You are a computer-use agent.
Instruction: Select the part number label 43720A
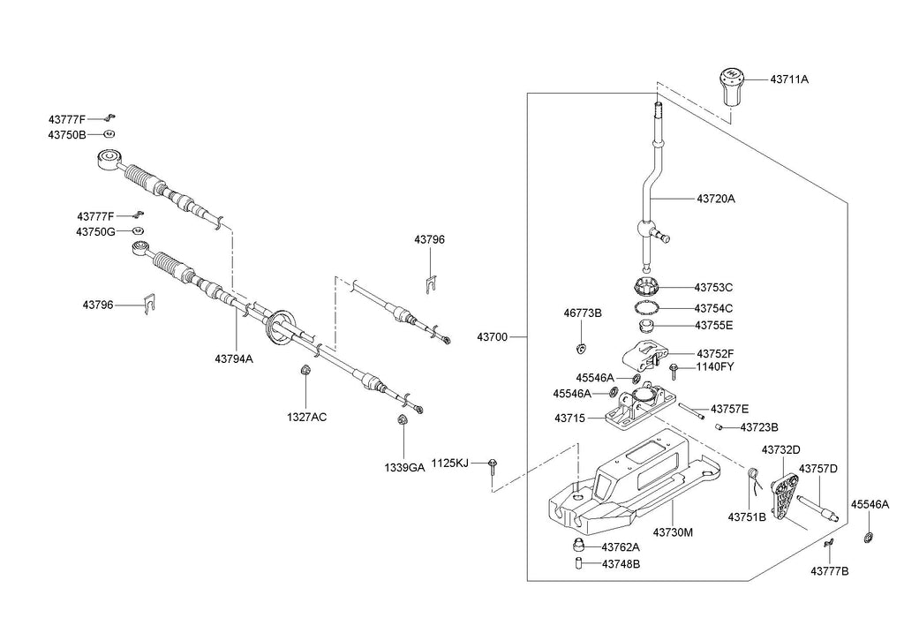(x=715, y=199)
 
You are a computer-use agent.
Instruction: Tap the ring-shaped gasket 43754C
(x=649, y=307)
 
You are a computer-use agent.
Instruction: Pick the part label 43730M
(x=673, y=532)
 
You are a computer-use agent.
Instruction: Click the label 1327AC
(x=305, y=416)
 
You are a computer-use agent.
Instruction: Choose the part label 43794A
(x=233, y=358)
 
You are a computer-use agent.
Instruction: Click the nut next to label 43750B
(x=108, y=134)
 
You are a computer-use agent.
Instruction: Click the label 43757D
(x=817, y=469)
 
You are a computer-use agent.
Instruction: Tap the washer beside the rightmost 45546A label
(x=869, y=538)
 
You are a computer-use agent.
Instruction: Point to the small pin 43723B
(x=720, y=426)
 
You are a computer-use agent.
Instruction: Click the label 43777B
(x=829, y=571)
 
